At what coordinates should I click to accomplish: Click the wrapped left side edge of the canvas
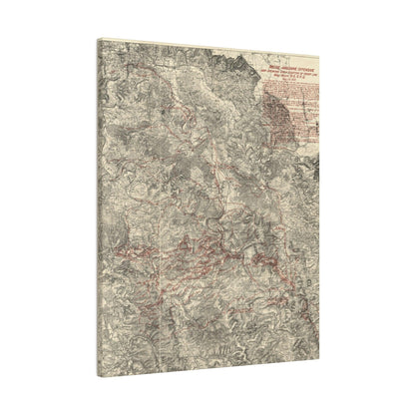[98, 200]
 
